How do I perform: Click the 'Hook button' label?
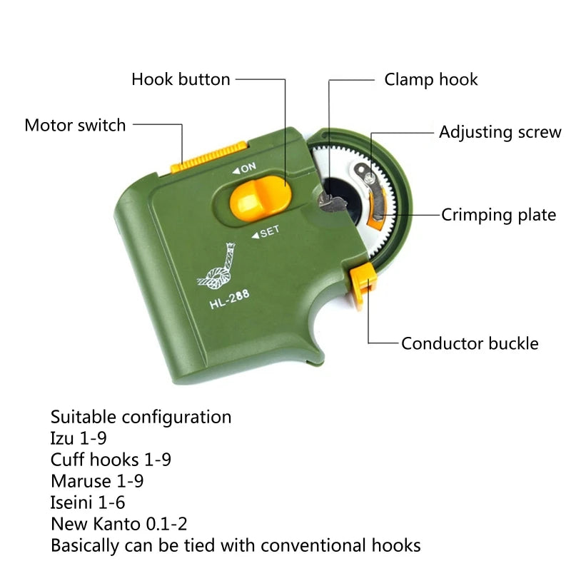181,79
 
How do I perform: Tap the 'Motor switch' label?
75,126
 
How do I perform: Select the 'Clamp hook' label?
431,79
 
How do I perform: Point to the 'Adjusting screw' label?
500,132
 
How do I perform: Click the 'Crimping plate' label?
498,215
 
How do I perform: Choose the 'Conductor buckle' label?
470,343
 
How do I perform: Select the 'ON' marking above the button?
244,168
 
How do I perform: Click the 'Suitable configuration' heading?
141,417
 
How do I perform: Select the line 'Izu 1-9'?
79,438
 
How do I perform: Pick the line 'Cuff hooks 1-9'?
111,460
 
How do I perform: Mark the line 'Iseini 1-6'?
88,502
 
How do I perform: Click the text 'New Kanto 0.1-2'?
118,524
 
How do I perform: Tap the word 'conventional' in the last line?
319,546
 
